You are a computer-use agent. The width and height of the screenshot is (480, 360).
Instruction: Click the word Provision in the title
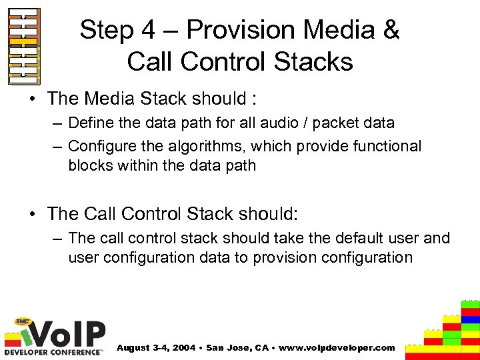242,30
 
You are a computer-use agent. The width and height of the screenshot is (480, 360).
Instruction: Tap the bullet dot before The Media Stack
34,99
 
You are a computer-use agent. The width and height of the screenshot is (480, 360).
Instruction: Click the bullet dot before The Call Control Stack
34,214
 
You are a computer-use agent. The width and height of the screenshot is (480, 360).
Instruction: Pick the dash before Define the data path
57,123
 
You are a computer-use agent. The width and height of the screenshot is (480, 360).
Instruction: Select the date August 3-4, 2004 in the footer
157,348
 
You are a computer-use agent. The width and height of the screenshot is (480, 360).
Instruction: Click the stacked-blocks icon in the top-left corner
24,45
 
